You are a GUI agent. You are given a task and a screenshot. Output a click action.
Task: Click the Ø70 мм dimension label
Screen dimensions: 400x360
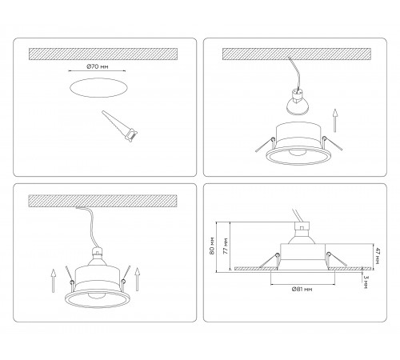point(98,66)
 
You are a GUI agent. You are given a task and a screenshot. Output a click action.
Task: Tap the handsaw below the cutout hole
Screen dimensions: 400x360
point(120,126)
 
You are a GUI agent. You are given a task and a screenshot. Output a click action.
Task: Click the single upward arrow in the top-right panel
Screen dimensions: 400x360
point(335,120)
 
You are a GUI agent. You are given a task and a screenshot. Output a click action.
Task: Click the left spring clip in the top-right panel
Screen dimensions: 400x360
point(266,145)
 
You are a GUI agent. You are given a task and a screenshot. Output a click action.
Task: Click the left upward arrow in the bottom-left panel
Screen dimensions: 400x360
point(54,281)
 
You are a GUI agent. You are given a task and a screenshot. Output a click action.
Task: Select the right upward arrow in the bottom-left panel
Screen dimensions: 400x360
point(137,279)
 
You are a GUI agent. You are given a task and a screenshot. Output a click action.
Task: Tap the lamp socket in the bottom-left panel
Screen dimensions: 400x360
point(97,251)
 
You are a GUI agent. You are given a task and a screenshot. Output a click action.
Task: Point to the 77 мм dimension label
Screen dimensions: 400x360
point(226,246)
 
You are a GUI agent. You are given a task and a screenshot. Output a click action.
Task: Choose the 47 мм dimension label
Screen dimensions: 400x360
point(378,256)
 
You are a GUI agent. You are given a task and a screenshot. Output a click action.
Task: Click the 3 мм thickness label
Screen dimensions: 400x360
point(366,282)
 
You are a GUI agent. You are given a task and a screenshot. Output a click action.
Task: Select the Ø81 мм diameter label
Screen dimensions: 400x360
point(302,289)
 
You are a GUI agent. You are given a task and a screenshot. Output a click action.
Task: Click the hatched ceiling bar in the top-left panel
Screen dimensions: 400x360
point(103,54)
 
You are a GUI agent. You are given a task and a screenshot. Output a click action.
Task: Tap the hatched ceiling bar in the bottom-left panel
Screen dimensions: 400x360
point(102,201)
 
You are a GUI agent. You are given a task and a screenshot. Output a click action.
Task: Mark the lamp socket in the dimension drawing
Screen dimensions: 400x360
point(302,226)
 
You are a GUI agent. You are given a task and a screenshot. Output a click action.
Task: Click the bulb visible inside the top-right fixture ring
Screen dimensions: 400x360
point(297,153)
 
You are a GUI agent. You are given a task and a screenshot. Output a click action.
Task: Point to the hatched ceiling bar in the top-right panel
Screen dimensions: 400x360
point(297,54)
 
